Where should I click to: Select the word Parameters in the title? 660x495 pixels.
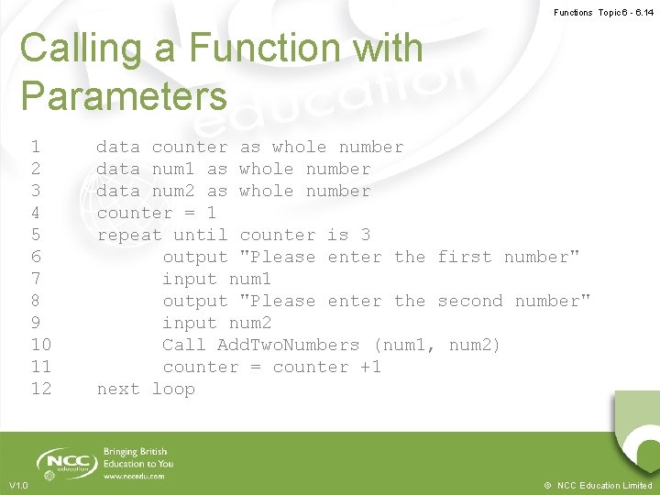pyautogui.click(x=123, y=95)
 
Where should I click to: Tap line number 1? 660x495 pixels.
pyautogui.click(x=35, y=147)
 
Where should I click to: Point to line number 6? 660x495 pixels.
pyautogui.click(x=35, y=257)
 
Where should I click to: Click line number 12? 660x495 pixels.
pyautogui.click(x=41, y=389)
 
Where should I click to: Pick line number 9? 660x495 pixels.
pyautogui.click(x=35, y=323)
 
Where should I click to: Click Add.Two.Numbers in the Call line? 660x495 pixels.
pyautogui.click(x=288, y=345)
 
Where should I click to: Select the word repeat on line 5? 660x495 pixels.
pyautogui.click(x=129, y=235)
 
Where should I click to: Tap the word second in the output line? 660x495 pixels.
pyautogui.click(x=470, y=301)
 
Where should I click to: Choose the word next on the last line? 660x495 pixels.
pyautogui.click(x=118, y=389)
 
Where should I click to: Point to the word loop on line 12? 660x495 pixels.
pyautogui.click(x=173, y=389)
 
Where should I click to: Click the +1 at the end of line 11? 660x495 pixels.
pyautogui.click(x=370, y=367)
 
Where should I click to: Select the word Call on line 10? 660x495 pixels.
pyautogui.click(x=183, y=345)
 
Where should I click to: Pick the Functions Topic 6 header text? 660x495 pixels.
pyautogui.click(x=603, y=13)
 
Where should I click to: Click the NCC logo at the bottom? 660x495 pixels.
pyautogui.click(x=66, y=462)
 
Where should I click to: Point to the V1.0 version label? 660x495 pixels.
pyautogui.click(x=18, y=485)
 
